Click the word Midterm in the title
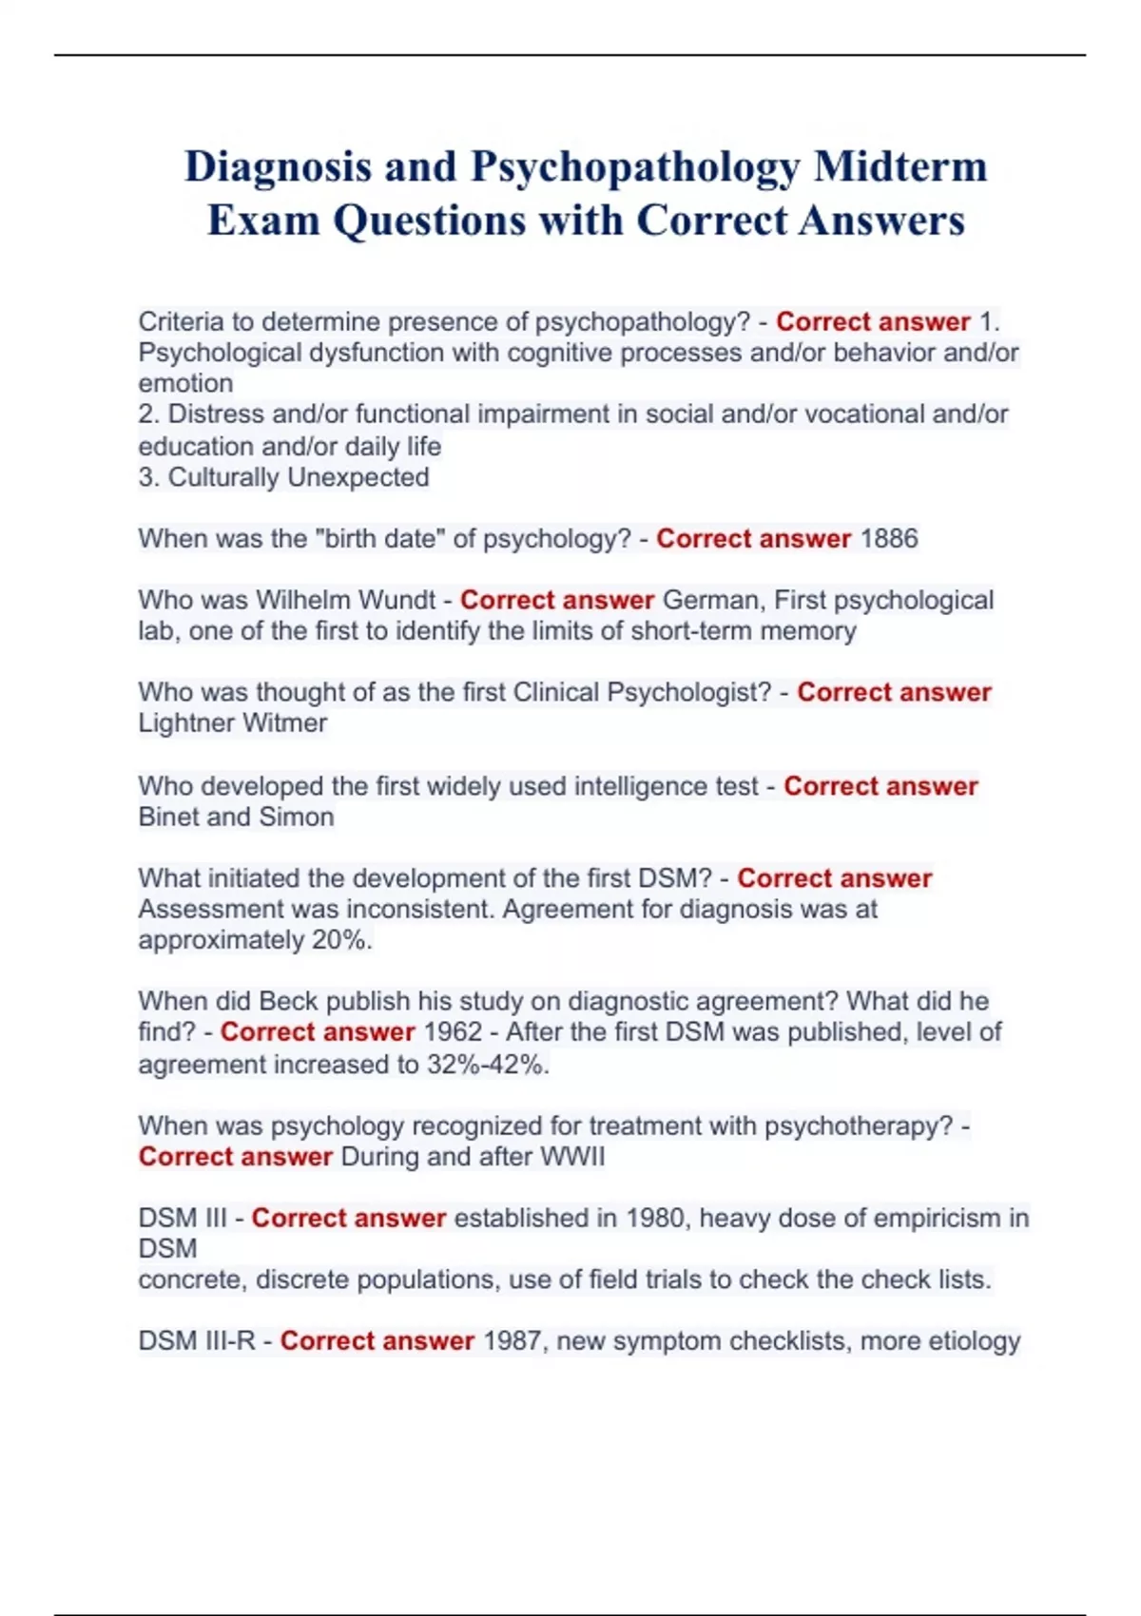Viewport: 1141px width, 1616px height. [x=899, y=166]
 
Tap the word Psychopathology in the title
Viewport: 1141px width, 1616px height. [x=635, y=168]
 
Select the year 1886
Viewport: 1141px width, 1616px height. [x=889, y=539]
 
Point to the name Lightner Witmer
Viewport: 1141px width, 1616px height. [x=233, y=723]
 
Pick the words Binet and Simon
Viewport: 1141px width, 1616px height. [x=236, y=818]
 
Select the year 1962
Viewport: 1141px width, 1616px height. [x=453, y=1032]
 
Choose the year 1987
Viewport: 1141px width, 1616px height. [x=512, y=1341]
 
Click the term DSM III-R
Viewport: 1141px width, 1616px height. [x=197, y=1341]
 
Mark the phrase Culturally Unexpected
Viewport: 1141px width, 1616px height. [x=299, y=477]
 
